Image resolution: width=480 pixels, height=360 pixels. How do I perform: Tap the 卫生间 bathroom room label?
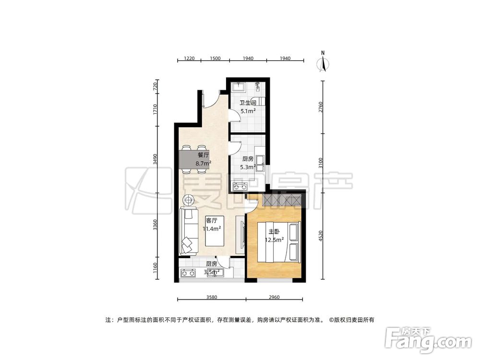248,103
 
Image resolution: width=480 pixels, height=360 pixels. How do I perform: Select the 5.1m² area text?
248,111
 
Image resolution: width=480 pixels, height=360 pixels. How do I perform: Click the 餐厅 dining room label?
203,155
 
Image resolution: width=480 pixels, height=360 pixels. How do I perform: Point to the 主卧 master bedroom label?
274,232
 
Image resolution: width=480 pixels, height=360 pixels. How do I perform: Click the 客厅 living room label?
212,220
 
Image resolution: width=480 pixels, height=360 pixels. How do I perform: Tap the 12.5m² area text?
274,240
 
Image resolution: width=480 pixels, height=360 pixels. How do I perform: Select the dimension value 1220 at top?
189,58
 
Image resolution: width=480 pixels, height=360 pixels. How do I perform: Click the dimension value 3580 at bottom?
212,297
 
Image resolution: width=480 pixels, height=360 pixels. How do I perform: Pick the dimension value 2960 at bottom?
274,297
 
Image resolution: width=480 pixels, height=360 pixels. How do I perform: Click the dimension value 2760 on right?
321,107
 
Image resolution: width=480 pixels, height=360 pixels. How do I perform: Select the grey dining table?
195,159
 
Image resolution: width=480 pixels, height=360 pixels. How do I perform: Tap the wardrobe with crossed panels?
281,201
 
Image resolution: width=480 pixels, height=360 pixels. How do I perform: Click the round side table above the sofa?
189,201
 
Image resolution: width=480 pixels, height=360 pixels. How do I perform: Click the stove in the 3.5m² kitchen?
188,273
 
